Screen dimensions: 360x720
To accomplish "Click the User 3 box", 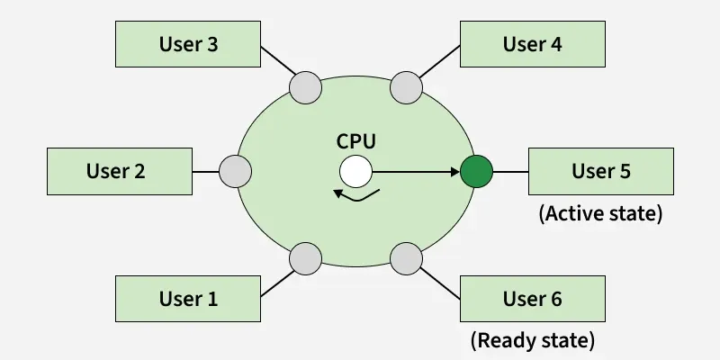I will pos(188,44).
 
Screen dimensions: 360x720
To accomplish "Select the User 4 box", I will pos(532,44).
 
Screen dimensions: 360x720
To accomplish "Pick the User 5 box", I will pos(601,170).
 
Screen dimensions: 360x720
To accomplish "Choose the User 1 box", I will pos(188,298).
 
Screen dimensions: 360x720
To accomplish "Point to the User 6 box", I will pos(532,298).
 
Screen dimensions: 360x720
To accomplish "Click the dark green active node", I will pos(475,171).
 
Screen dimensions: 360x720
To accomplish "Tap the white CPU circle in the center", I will pos(355,171).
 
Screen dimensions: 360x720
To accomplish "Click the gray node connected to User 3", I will pos(305,87).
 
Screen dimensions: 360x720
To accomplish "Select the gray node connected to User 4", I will pos(407,87).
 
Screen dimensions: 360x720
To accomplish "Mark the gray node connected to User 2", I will pos(236,171).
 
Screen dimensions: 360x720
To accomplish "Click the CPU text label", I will pos(355,141).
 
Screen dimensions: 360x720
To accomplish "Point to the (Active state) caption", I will pos(600,214).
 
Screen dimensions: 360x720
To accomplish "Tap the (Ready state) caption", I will pos(532,341).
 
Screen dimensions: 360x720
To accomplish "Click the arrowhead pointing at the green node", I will pos(454,171).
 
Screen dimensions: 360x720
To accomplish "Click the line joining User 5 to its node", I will pos(509,171).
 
